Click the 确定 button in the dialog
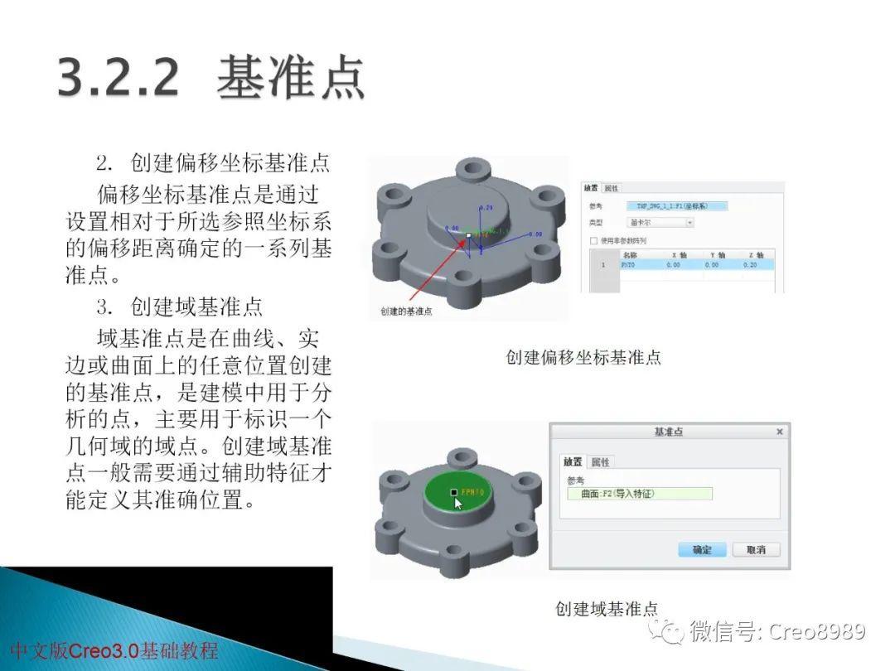(x=702, y=549)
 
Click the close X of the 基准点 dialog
(x=779, y=432)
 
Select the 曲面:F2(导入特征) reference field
(x=640, y=494)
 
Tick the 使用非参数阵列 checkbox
(x=593, y=240)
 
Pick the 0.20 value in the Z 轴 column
(x=750, y=265)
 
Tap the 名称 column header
(x=630, y=254)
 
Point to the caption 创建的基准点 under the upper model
(x=406, y=311)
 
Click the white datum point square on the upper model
(x=468, y=236)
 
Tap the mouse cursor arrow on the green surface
(x=458, y=503)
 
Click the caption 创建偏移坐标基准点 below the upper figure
(x=583, y=358)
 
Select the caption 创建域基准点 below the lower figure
(x=607, y=609)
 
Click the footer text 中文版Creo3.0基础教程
(x=114, y=650)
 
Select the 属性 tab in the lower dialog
(x=601, y=461)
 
